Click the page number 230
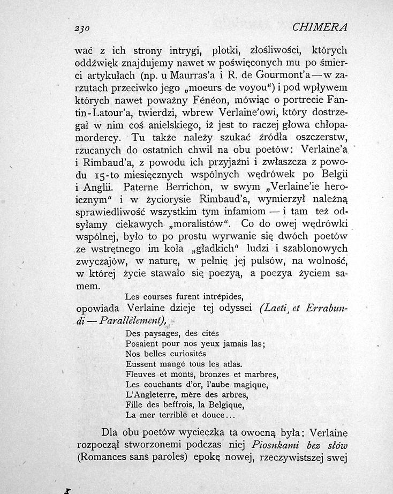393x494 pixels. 87,27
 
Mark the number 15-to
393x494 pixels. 102,175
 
